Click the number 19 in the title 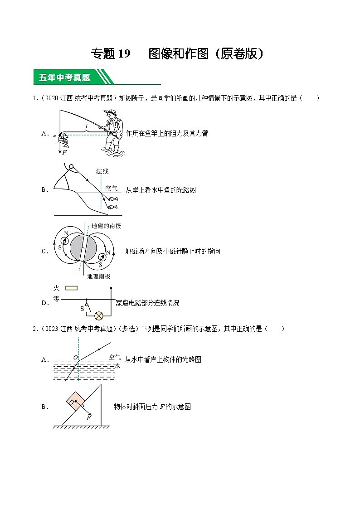pos(123,54)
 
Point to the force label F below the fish pos(64,153)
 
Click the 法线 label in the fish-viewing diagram pos(102,171)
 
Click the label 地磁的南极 pos(106,225)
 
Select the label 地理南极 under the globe pos(98,276)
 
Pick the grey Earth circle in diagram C pos(83,248)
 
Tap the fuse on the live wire pos(71,288)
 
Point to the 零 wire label pos(56,298)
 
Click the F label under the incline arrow pos(88,418)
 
